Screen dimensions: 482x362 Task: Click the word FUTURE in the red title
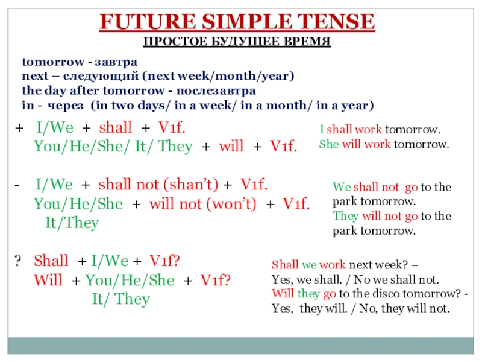(x=148, y=22)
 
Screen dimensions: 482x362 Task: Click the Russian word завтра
(x=116, y=62)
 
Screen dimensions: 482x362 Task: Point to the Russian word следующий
(x=101, y=77)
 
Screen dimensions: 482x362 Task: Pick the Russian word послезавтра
(x=216, y=91)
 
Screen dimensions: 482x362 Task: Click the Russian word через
(x=65, y=106)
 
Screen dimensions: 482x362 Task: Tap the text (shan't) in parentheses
(x=190, y=185)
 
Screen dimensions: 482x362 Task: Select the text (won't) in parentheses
(x=231, y=204)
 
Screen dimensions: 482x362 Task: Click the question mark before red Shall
(x=18, y=261)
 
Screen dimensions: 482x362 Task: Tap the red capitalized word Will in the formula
(x=48, y=280)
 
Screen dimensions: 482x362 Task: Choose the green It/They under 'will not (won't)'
(x=72, y=223)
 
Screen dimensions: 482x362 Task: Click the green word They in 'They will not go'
(x=345, y=216)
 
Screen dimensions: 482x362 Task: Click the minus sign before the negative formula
(x=17, y=185)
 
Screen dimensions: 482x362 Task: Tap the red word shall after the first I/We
(x=115, y=127)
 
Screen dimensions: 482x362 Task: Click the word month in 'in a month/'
(x=286, y=105)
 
